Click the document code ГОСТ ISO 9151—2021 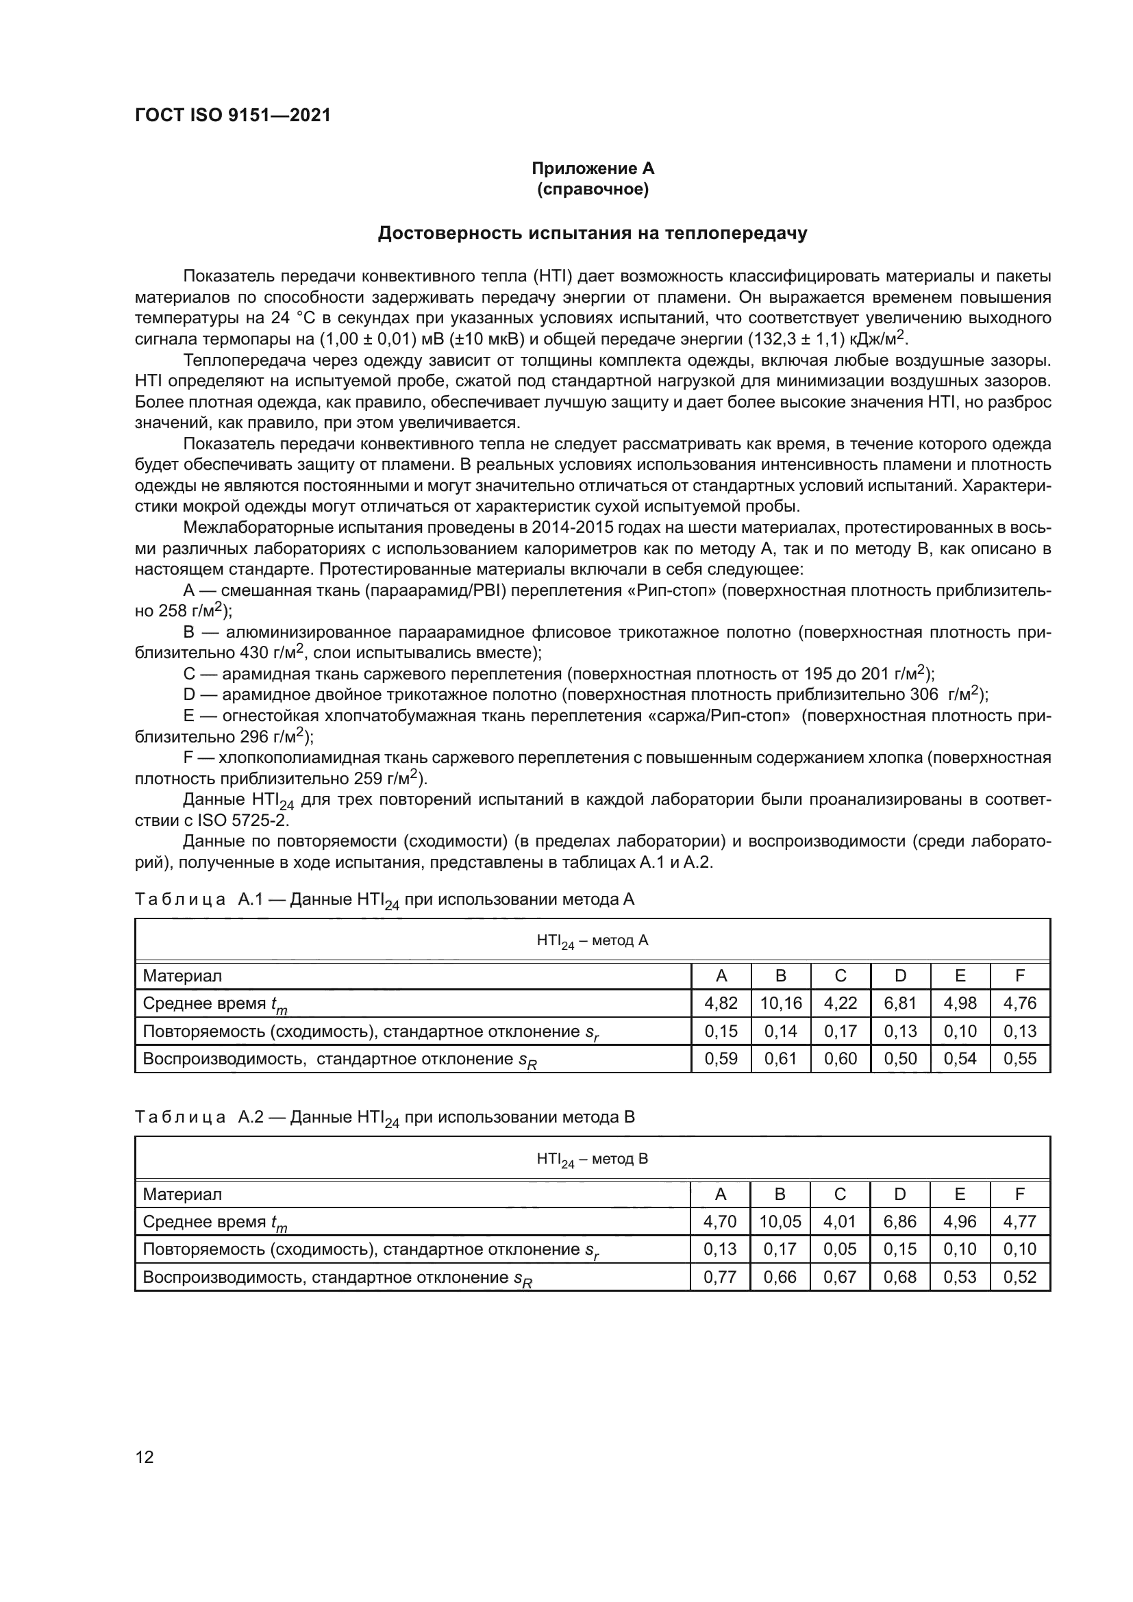pos(232,115)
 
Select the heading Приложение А pos(593,168)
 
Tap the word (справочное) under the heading pos(593,190)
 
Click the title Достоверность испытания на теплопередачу pos(593,233)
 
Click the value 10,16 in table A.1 pos(781,1003)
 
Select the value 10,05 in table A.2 pos(780,1222)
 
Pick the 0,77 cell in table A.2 pos(720,1277)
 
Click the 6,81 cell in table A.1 pos(900,1003)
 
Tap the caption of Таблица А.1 pos(384,900)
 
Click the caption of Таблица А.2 pos(384,1118)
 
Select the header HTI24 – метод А pos(593,941)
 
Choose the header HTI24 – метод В pos(593,1159)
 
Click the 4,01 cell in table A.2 pos(839,1222)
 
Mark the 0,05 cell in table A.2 pos(839,1250)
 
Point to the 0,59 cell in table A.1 pos(721,1059)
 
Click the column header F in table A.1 pos(1020,976)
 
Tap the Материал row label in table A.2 pos(182,1194)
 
